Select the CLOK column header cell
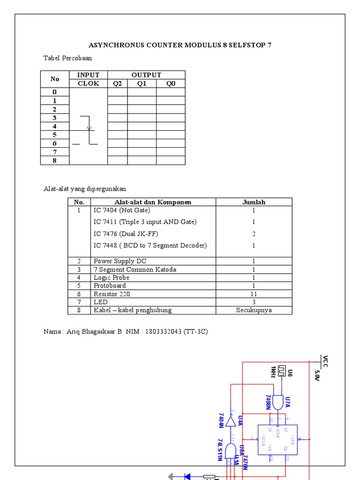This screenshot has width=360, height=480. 88,83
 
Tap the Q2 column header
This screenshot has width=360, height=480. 117,83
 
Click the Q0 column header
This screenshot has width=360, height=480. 171,83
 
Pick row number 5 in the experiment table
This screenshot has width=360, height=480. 54,135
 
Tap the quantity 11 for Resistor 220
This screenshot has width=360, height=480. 254,294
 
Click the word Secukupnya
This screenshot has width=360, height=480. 254,310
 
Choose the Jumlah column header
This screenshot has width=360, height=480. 254,202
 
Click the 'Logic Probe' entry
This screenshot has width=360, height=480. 110,277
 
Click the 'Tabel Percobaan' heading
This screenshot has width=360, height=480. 67,58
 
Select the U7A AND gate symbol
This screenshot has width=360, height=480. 278,402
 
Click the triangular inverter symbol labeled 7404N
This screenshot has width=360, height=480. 230,421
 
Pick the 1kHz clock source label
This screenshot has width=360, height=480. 273,371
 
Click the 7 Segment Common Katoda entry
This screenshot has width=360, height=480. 135,270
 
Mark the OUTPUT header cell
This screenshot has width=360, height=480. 146,75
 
